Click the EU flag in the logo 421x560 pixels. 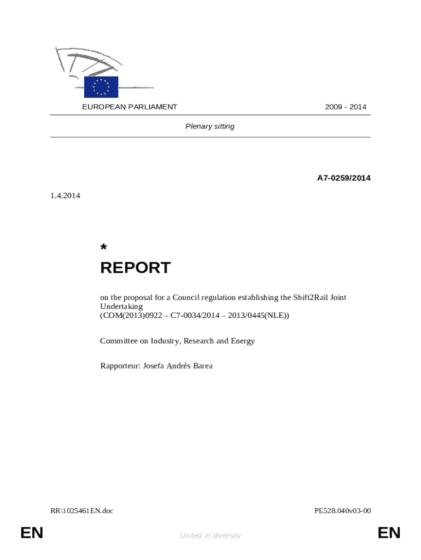pyautogui.click(x=101, y=87)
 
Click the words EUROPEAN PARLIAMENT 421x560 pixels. pyautogui.click(x=130, y=107)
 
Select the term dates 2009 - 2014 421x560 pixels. pyautogui.click(x=346, y=107)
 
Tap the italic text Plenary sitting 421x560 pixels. pyautogui.click(x=210, y=126)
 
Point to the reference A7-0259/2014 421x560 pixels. pyautogui.click(x=344, y=178)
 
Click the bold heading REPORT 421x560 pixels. pyautogui.click(x=135, y=268)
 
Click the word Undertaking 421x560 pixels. pyautogui.click(x=121, y=307)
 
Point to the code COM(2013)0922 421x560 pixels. pyautogui.click(x=127, y=316)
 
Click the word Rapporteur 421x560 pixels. pyautogui.click(x=119, y=366)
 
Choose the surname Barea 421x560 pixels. pyautogui.click(x=201, y=366)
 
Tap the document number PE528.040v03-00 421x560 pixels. pyautogui.click(x=343, y=511)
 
